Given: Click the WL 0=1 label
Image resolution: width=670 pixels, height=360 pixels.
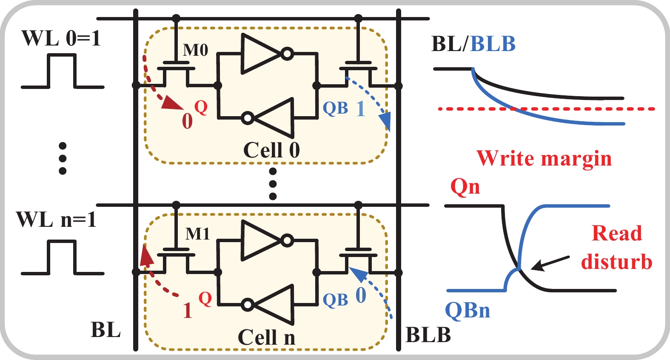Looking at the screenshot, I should (61, 38).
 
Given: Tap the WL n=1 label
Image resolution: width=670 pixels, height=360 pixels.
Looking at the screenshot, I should (56, 220).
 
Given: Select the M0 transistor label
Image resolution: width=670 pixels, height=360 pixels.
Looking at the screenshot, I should (195, 50).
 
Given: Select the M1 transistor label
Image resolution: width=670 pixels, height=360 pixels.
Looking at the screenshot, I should (197, 234).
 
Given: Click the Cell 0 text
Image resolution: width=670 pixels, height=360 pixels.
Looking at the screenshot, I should (271, 150).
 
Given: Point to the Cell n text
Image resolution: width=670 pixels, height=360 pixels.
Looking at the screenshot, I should (266, 337).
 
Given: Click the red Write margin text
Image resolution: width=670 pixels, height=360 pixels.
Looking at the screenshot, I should (544, 158).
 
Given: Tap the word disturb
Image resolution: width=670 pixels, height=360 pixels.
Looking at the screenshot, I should (616, 261).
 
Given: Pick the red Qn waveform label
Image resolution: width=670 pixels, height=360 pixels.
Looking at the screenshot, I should (465, 186).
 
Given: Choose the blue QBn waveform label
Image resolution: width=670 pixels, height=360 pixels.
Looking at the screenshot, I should (467, 310).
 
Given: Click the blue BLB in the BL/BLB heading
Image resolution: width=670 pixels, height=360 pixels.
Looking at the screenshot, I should (493, 44).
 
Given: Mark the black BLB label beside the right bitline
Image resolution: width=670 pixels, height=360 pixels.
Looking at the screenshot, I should (428, 335).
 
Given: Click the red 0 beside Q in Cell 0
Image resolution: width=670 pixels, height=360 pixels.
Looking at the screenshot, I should (187, 121).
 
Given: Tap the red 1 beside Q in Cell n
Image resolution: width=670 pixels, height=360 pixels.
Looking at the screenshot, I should (187, 311).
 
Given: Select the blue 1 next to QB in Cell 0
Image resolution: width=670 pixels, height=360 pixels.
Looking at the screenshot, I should (360, 109).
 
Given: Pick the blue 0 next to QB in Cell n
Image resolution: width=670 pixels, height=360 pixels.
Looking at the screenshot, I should (360, 295).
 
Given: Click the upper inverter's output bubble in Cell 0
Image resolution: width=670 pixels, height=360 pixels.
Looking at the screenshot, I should (288, 54).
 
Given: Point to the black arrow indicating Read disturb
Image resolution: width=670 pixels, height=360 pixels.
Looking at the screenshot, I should (550, 263).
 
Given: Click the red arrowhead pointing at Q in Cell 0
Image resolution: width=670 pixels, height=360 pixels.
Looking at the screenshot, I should (173, 103).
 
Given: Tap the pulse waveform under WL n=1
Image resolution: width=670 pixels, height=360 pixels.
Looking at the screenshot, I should (62, 257).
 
